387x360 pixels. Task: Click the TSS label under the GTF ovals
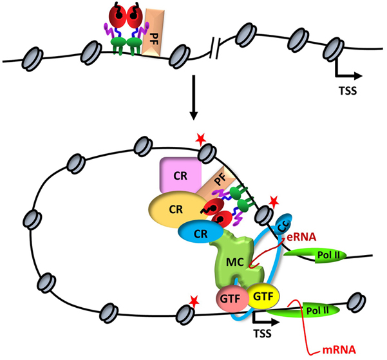point(261,334)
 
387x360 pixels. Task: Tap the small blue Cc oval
point(281,224)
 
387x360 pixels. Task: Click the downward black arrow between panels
point(193,102)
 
